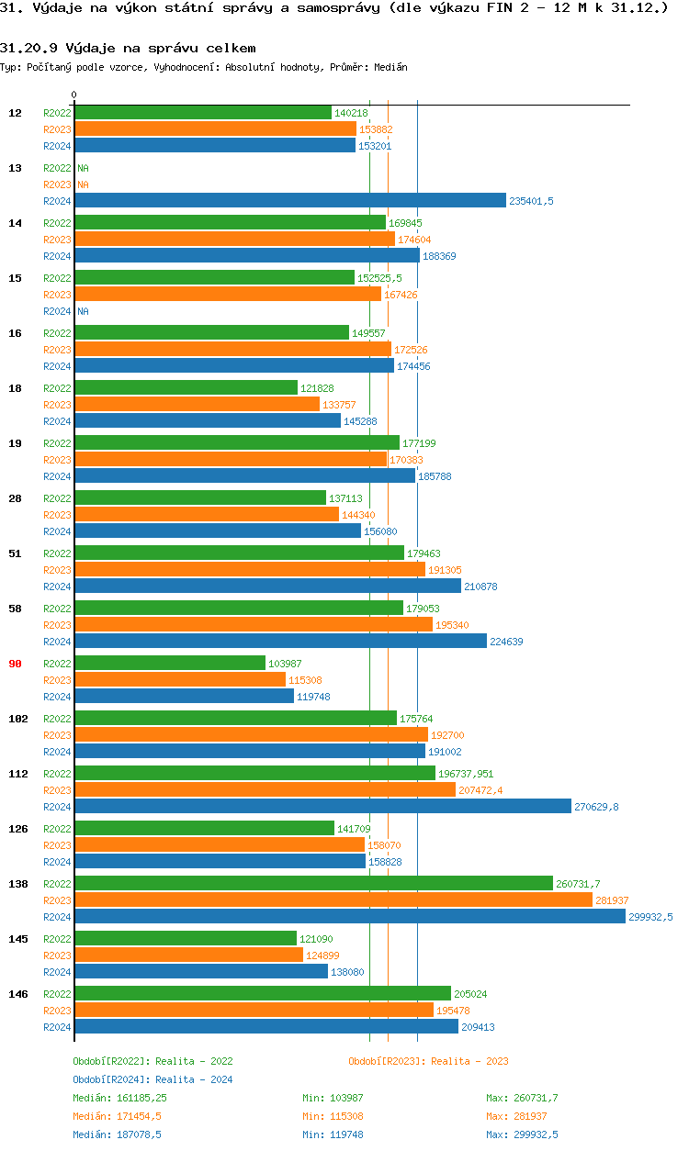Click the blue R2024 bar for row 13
(289, 201)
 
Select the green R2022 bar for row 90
(169, 664)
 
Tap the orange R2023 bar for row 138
(333, 900)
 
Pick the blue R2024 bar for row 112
(322, 807)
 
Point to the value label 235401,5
(532, 201)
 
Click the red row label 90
(15, 664)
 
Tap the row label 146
(17, 994)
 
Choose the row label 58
(15, 609)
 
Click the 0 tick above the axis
(74, 95)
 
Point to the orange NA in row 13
(83, 184)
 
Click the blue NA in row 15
(83, 311)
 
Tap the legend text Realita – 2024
(194, 1079)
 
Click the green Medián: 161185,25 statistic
(119, 1098)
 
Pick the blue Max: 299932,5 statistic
(522, 1134)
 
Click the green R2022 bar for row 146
(262, 994)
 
